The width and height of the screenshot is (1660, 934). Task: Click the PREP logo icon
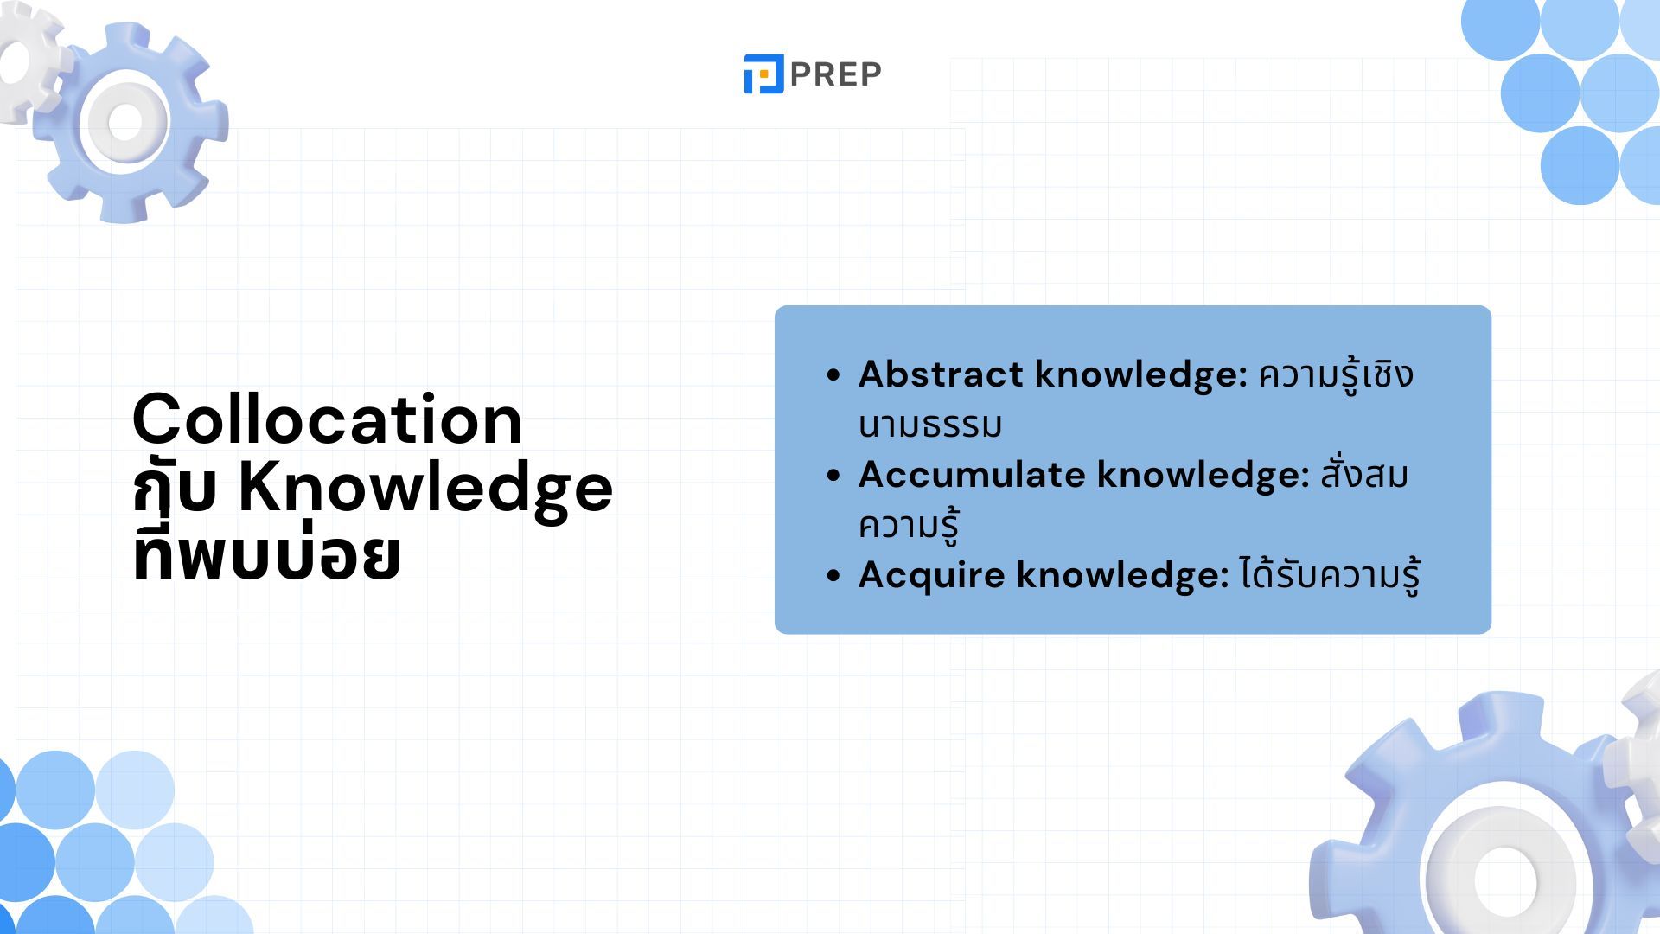pos(763,74)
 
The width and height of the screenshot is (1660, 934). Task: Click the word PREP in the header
pos(835,75)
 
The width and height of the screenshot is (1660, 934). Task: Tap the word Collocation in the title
pos(328,419)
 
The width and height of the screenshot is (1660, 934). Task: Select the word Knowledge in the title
pos(425,489)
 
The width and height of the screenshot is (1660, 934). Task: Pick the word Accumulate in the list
pos(972,475)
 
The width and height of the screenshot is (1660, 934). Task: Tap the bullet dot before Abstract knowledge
pos(833,375)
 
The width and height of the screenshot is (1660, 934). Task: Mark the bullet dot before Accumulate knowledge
pos(833,476)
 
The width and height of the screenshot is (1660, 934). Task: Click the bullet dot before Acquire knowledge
pos(833,576)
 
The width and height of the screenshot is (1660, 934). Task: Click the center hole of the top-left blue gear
pos(125,122)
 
